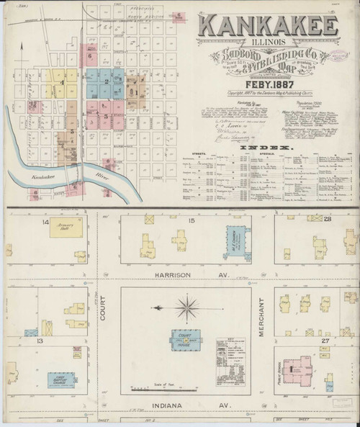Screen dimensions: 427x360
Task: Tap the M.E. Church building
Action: [x=239, y=241]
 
